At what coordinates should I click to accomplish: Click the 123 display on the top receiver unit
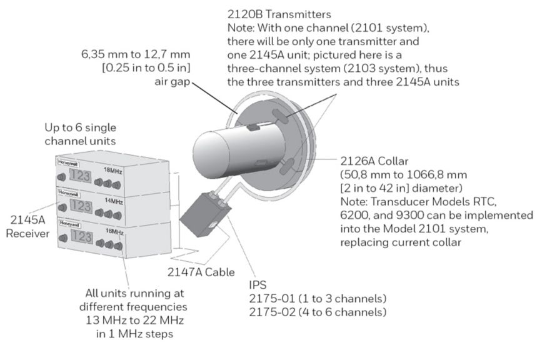click(x=82, y=176)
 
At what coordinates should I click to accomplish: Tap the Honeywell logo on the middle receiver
click(x=65, y=194)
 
